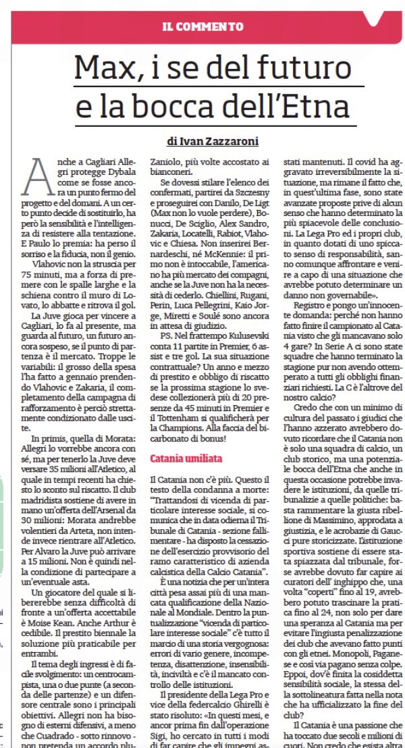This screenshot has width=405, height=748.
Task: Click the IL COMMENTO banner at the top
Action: coord(203,27)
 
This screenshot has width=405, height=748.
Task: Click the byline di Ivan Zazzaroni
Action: coord(213,142)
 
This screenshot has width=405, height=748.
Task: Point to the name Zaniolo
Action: coord(165,163)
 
